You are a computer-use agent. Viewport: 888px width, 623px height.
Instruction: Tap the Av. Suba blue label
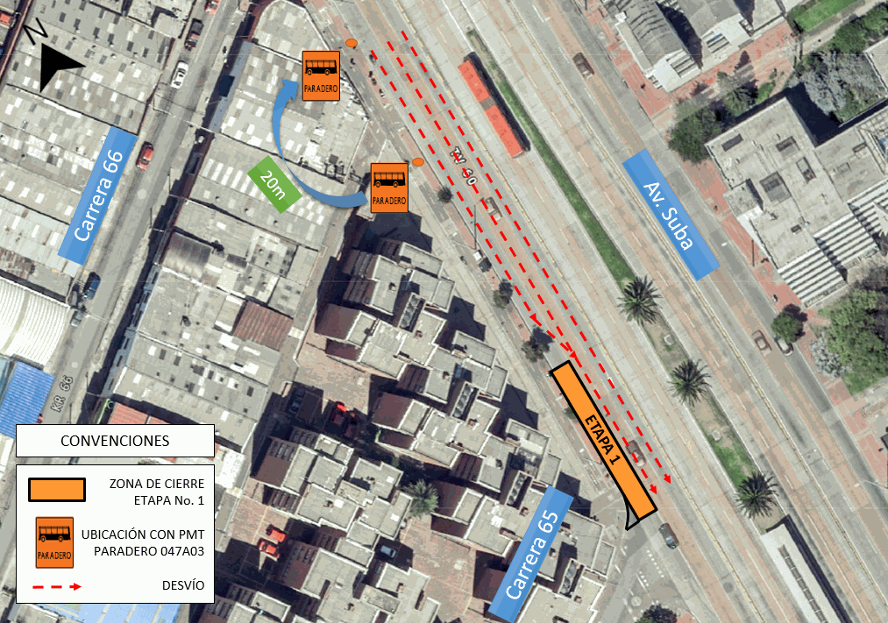668,214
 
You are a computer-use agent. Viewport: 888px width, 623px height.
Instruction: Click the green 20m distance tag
274,183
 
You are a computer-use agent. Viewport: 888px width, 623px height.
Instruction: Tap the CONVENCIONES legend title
115,440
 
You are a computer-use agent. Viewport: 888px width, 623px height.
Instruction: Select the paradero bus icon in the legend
53,542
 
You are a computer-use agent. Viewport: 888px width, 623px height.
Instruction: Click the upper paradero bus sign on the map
321,75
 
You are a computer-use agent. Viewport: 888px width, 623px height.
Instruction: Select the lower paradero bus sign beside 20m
389,188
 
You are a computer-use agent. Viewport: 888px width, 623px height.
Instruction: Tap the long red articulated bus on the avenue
492,107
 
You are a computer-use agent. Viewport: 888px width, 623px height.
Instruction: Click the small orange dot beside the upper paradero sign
352,43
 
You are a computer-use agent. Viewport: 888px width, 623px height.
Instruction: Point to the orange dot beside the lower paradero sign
418,162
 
